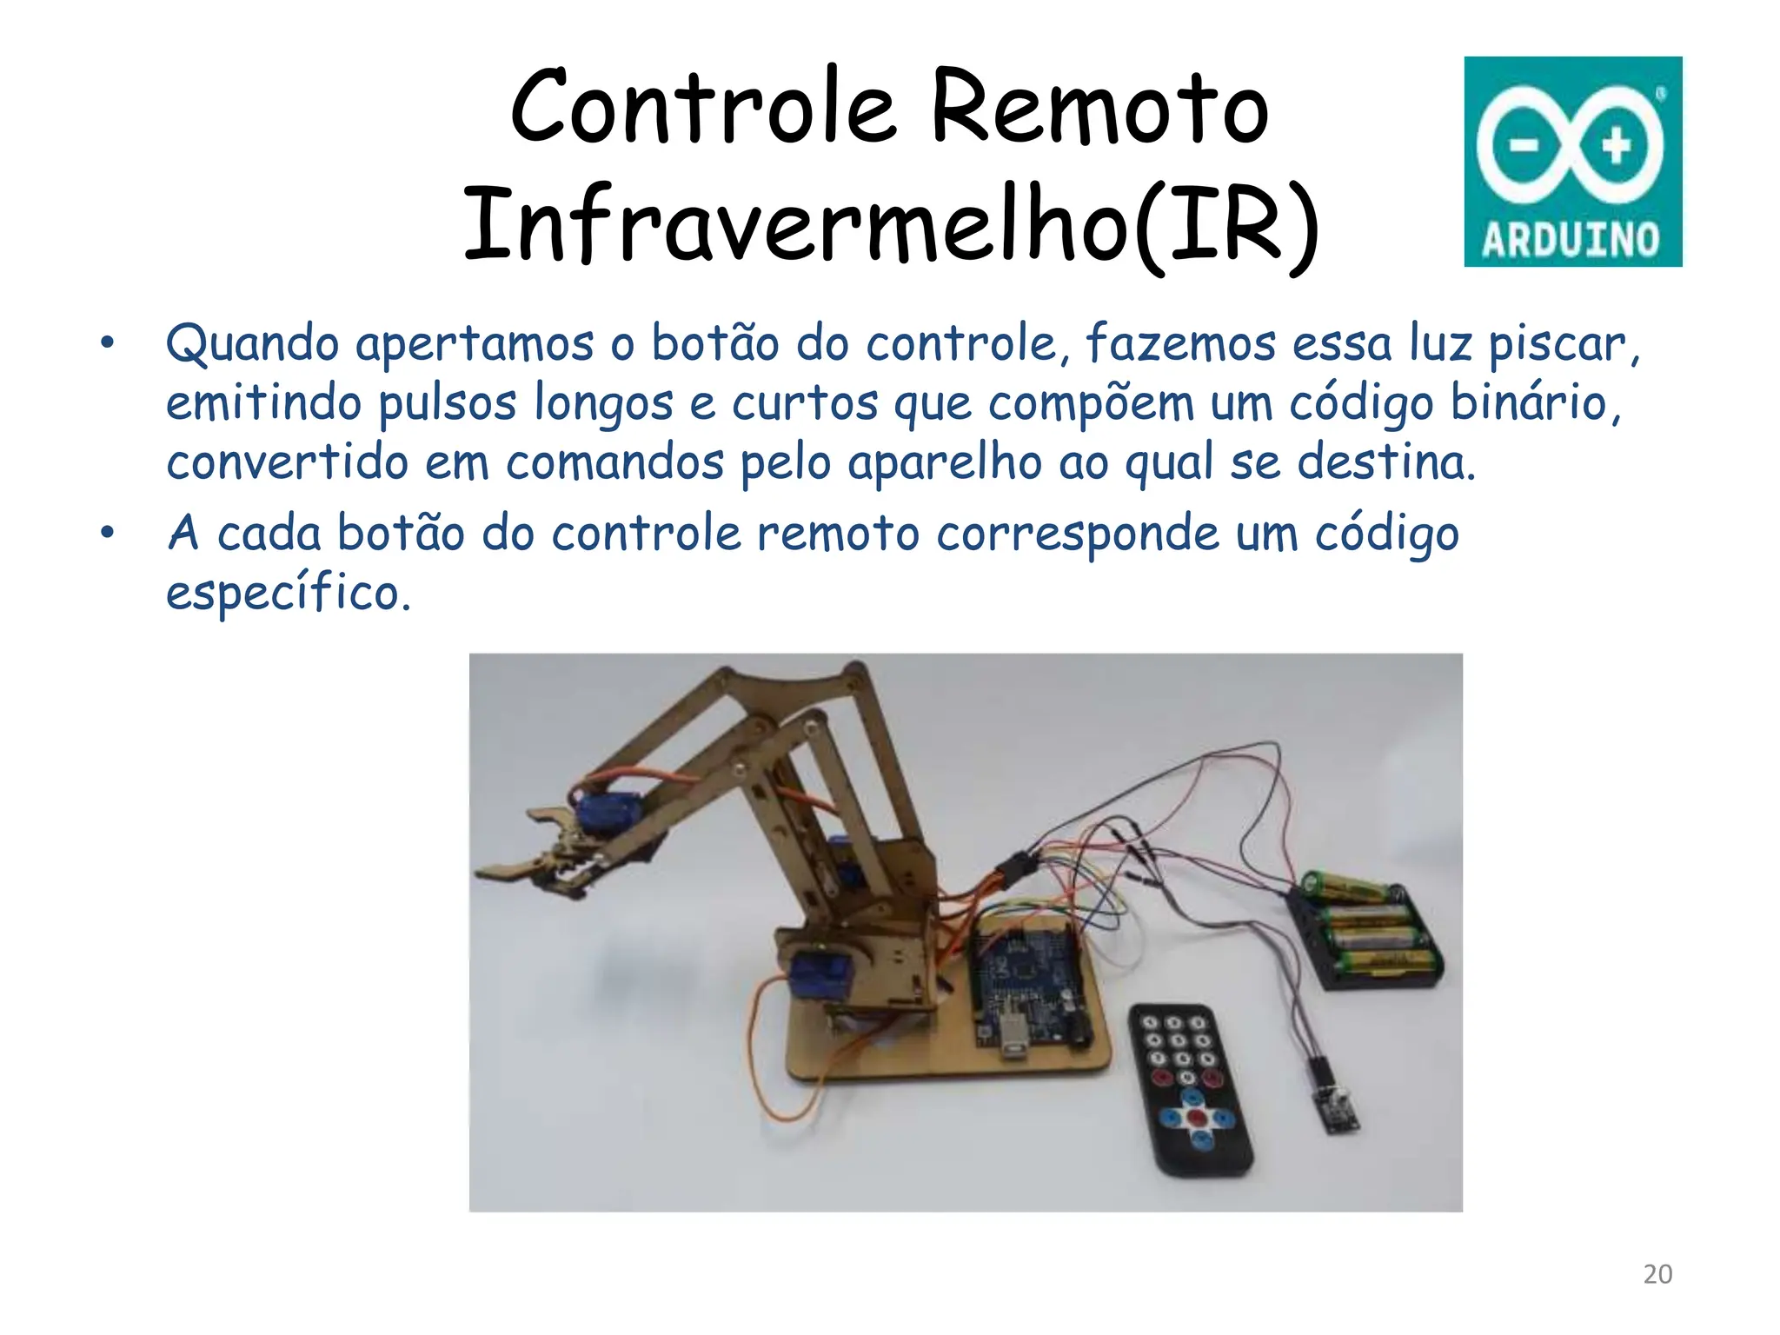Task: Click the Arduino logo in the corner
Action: [1572, 161]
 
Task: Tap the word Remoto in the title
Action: [1099, 109]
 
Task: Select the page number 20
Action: [1657, 1274]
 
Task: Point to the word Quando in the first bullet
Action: [252, 344]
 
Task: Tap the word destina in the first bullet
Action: [1385, 462]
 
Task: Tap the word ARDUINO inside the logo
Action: [1571, 240]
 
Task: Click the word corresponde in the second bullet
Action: [1078, 534]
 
